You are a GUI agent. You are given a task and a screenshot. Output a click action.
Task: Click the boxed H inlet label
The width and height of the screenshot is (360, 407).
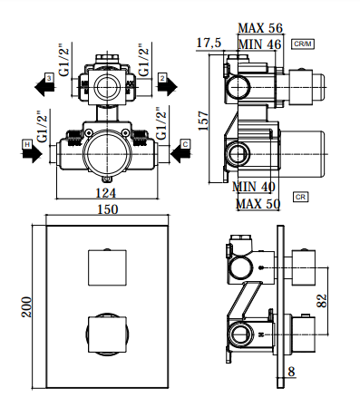click(27, 145)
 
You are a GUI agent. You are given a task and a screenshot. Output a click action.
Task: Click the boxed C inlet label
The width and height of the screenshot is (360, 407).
click(185, 144)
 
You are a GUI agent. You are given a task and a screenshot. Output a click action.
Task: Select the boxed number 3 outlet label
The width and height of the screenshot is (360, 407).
click(49, 78)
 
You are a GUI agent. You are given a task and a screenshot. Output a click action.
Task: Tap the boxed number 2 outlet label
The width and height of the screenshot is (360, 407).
click(162, 78)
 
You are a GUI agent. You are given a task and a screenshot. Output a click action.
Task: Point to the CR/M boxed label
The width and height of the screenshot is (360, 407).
click(303, 44)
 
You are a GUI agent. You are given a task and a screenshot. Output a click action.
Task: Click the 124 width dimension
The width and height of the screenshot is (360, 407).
click(106, 192)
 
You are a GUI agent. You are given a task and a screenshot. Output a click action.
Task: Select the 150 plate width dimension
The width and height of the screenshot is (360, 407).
click(108, 209)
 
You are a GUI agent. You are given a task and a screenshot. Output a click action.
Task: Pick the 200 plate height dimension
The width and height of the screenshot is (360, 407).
click(26, 307)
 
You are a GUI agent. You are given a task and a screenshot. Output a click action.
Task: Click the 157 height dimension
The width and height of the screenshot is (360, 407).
click(203, 121)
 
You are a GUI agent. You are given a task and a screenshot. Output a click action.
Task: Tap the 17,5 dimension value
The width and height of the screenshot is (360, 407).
click(209, 43)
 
